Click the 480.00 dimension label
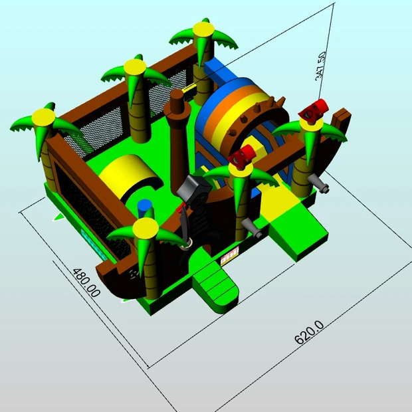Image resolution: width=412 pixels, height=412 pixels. tap(86, 282)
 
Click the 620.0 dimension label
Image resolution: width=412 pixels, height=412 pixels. tap(309, 332)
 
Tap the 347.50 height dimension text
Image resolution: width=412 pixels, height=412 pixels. tap(321, 66)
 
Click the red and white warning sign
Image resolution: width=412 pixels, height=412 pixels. tap(230, 256)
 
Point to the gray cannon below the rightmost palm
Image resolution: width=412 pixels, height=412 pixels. tap(318, 183)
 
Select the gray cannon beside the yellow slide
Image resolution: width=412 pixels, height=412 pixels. tap(251, 227)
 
